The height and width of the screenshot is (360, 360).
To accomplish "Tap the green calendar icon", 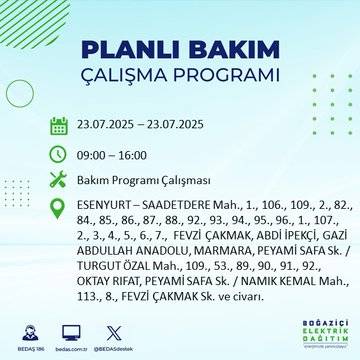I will (x=59, y=126).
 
